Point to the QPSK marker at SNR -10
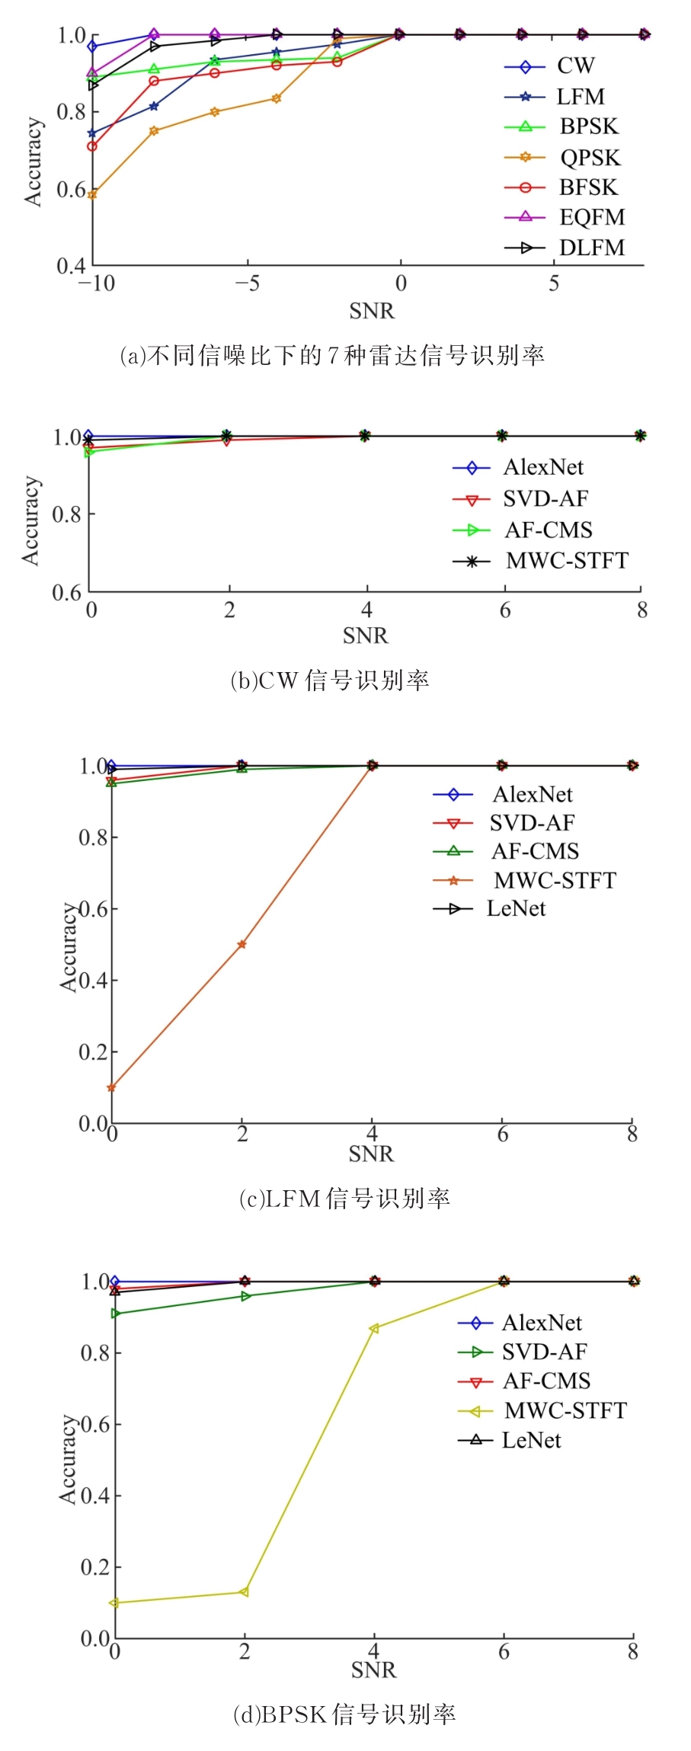(92, 195)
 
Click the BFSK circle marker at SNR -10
(92, 146)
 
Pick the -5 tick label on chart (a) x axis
(247, 284)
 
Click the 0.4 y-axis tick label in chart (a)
(71, 266)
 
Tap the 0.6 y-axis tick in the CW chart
(66, 592)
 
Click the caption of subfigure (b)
(330, 680)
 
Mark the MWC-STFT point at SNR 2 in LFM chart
(242, 944)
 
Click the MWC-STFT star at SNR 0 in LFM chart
(111, 1087)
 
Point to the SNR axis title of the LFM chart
(371, 1155)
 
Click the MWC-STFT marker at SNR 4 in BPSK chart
(373, 1329)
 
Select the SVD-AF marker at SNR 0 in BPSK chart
(115, 1314)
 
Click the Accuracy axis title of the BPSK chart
(69, 1461)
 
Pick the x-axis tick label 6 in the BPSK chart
(504, 1651)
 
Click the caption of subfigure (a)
(332, 355)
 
